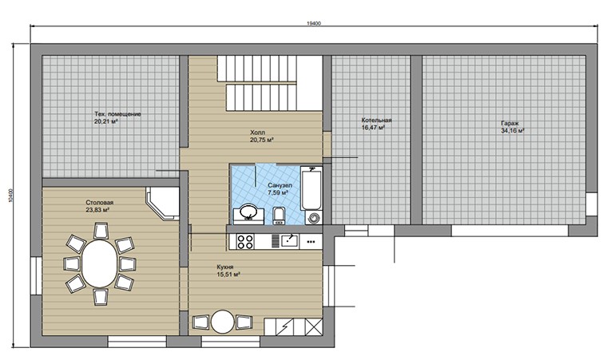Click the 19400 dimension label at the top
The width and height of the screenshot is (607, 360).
(314, 23)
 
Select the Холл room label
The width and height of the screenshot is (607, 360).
(257, 133)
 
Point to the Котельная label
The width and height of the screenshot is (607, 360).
(376, 120)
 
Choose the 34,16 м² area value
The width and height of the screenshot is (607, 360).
(513, 131)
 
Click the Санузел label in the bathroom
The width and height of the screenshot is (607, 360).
(280, 185)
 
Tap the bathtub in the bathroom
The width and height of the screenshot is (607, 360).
(311, 188)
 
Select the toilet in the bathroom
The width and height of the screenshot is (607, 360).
(278, 216)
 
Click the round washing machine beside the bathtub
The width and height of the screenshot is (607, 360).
(314, 218)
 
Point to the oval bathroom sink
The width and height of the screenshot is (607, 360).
(248, 212)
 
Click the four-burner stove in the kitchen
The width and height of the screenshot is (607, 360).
(245, 242)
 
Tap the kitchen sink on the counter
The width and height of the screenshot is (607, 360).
(289, 241)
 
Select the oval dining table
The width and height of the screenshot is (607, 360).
(99, 263)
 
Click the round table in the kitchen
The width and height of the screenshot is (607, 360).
(223, 322)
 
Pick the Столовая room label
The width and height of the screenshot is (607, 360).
(100, 203)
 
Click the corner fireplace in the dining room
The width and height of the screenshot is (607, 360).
(163, 204)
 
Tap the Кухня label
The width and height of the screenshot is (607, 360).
(225, 267)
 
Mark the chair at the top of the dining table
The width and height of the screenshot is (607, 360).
(101, 231)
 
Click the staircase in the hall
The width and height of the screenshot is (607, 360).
(270, 83)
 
